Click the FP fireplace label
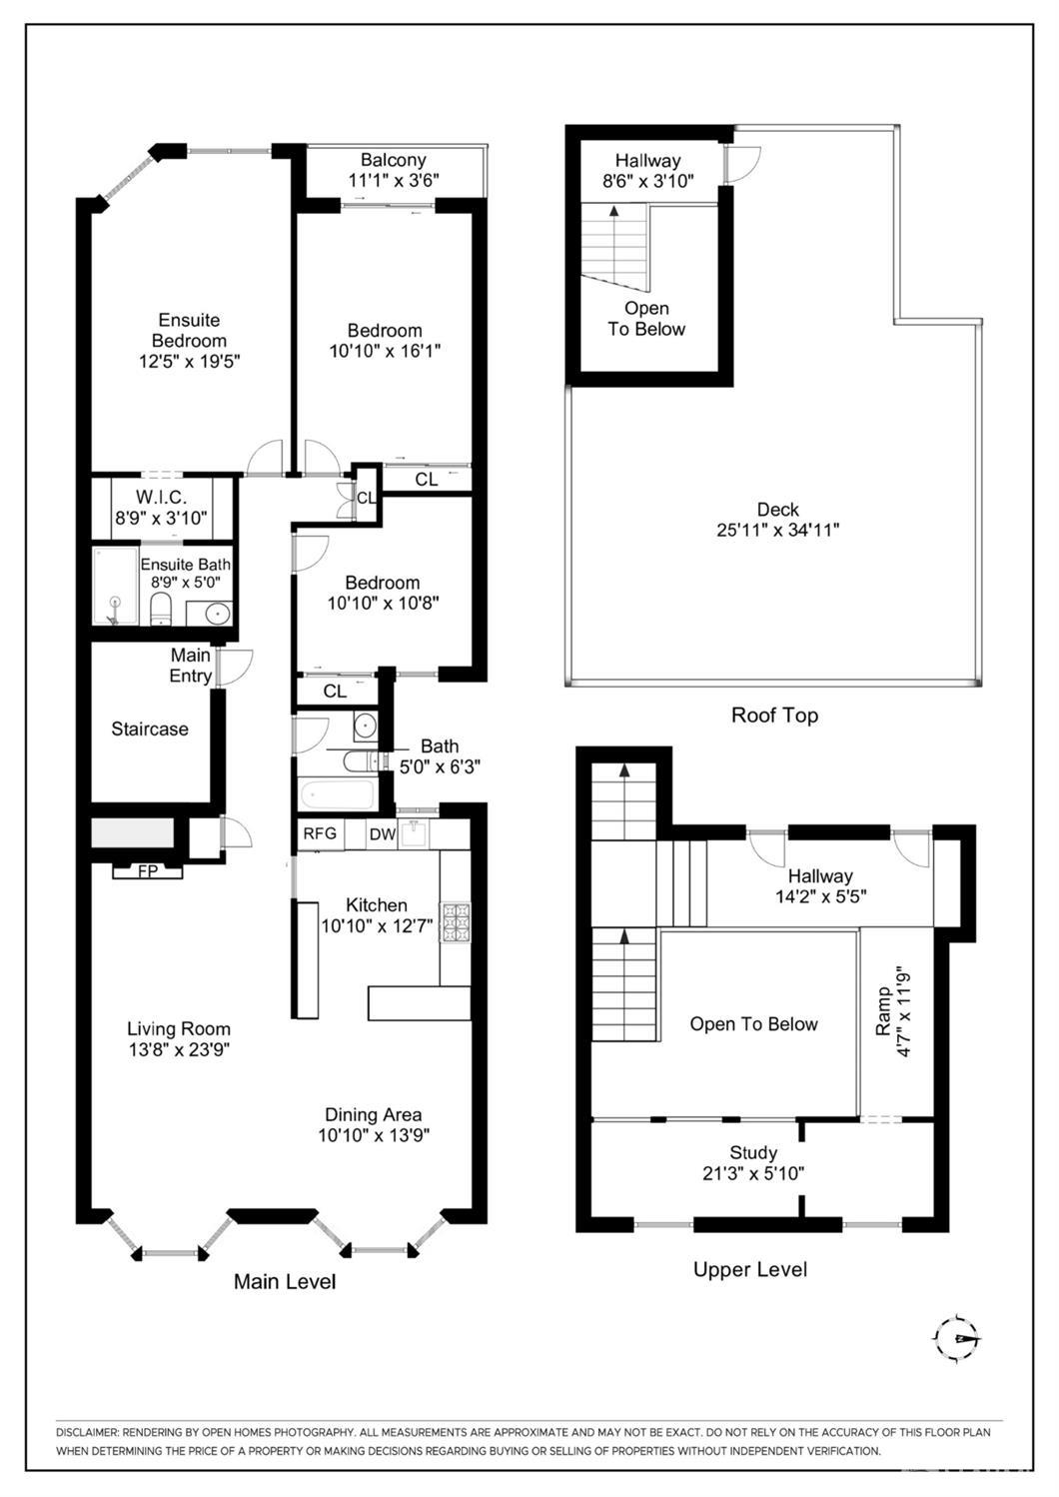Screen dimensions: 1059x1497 coord(148,871)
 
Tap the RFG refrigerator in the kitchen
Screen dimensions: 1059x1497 coord(321,834)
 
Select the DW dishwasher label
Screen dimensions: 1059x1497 coord(383,834)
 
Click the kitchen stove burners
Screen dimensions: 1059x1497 coord(455,922)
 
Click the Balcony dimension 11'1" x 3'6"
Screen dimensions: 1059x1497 coord(394,180)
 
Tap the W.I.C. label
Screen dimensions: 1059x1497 coord(161,497)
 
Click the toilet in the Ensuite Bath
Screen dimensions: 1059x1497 coord(161,607)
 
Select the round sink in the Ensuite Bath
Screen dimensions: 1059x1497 coord(217,613)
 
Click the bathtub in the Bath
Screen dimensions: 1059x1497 coord(337,794)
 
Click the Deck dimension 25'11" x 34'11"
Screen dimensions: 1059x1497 coord(777,530)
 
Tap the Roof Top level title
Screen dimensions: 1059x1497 coord(774,716)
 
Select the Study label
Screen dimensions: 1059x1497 coord(753,1151)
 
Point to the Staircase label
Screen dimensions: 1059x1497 coord(150,729)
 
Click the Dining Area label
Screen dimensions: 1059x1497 coord(373,1114)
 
